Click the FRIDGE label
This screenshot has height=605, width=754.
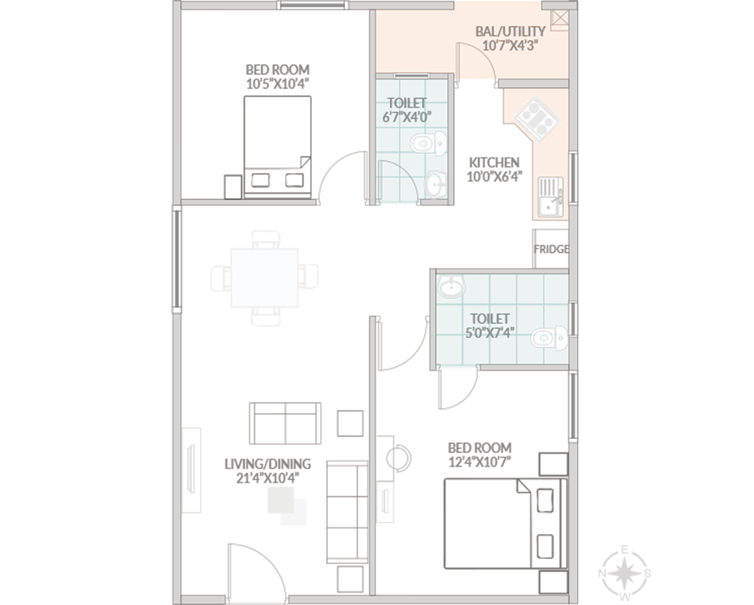coord(551,249)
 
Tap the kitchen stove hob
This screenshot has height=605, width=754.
coord(537,119)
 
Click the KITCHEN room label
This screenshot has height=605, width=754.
coord(494,162)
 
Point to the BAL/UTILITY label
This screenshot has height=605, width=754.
coord(510,31)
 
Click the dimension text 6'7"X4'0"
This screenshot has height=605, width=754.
coord(407,117)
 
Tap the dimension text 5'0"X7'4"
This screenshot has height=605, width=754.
coord(490,332)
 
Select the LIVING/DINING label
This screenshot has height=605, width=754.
coord(268,464)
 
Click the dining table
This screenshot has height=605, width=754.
coord(264,278)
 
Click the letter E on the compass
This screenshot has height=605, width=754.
coord(625,550)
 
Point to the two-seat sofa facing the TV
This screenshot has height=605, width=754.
coord(285,423)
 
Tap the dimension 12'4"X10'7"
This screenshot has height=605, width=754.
coord(480,462)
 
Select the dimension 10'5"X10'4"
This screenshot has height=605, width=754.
coord(278,84)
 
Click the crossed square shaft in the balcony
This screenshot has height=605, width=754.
coord(559,20)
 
